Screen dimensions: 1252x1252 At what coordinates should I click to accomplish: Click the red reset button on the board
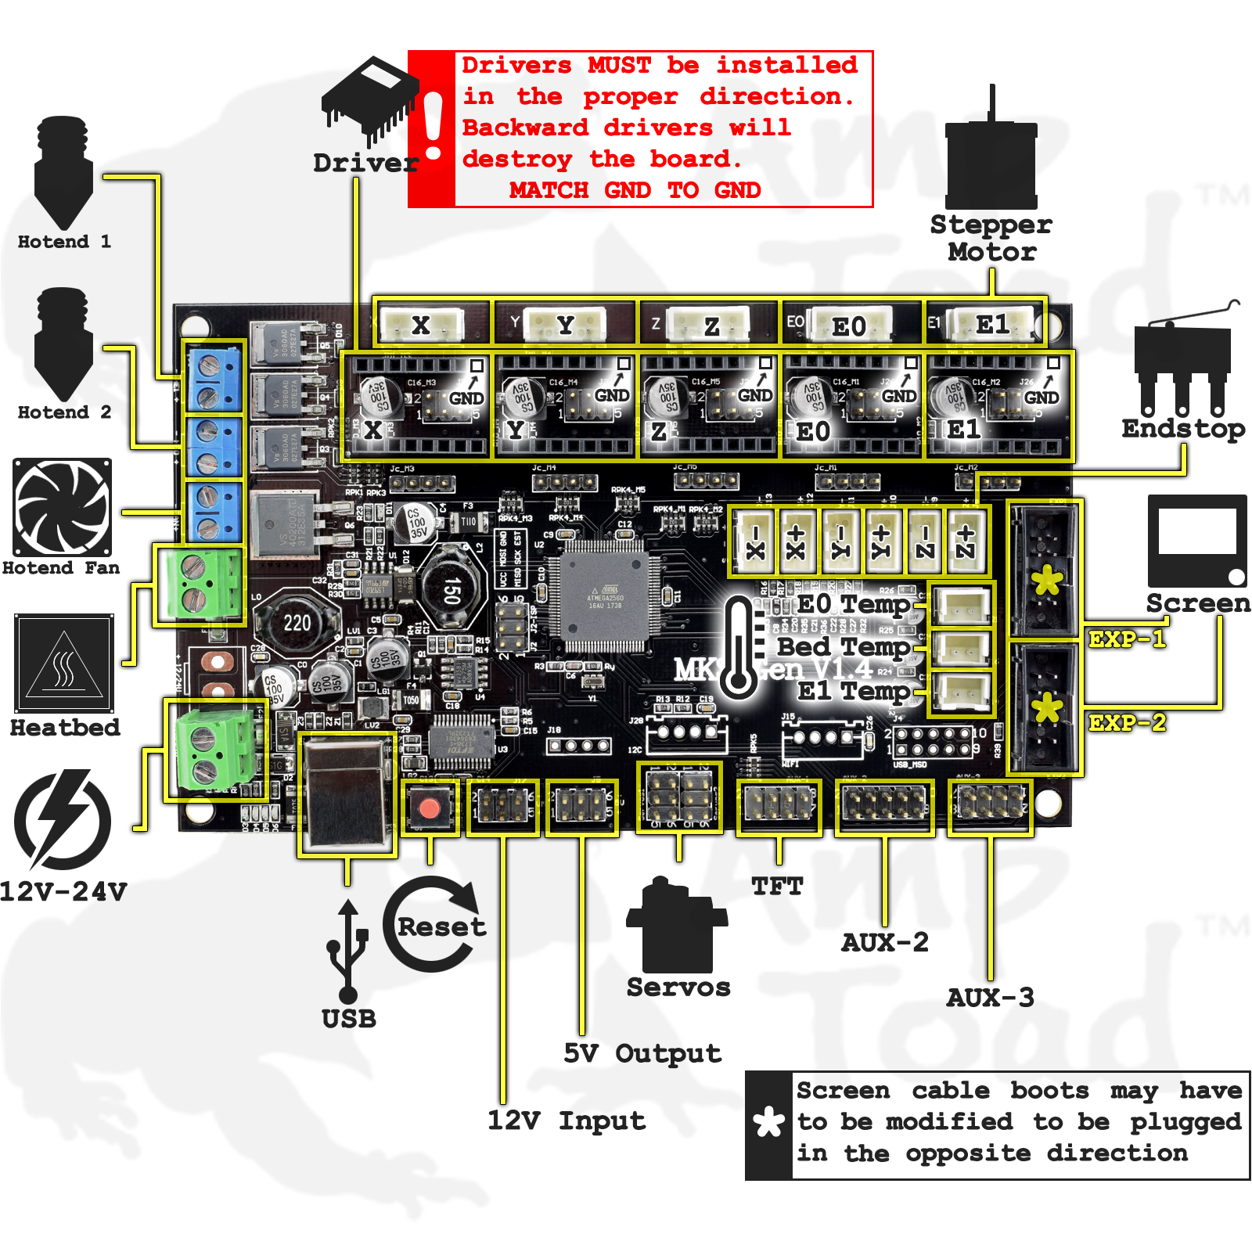tap(429, 808)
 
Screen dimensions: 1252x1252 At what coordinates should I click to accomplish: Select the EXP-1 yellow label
tap(1127, 639)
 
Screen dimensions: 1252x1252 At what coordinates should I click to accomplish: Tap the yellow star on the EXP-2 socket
tap(1047, 708)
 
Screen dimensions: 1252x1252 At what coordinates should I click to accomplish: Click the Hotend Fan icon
tap(63, 507)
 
